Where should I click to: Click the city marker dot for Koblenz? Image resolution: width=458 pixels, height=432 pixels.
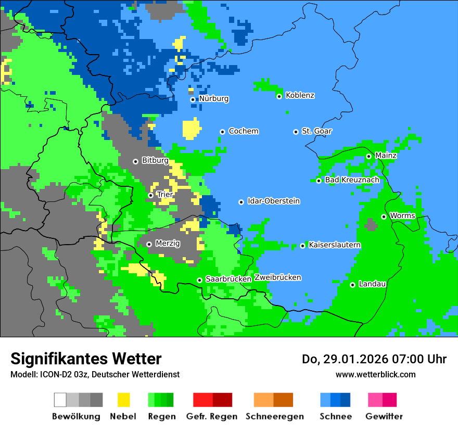pyautogui.click(x=279, y=96)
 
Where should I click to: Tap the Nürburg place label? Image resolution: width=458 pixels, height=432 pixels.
pyautogui.click(x=213, y=98)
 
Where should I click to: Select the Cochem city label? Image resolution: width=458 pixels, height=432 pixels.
pyautogui.click(x=243, y=131)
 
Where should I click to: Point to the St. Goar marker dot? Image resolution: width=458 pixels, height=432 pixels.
pyautogui.click(x=296, y=132)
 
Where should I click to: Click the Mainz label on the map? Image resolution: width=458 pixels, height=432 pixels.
pyautogui.click(x=386, y=155)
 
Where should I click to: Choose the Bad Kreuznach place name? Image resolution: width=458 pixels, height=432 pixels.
pyautogui.click(x=352, y=180)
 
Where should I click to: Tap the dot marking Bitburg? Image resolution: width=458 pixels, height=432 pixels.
pyautogui.click(x=135, y=161)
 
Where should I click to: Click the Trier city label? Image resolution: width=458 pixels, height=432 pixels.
pyautogui.click(x=164, y=195)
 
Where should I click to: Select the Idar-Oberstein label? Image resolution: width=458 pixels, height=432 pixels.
pyautogui.click(x=273, y=201)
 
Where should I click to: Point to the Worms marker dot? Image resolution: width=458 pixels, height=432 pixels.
pyautogui.click(x=384, y=217)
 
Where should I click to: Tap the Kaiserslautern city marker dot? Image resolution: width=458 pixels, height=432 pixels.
pyautogui.click(x=302, y=246)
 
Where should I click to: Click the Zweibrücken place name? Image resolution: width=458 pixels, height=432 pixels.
pyautogui.click(x=277, y=277)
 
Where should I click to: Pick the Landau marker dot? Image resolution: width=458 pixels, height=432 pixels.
pyautogui.click(x=352, y=285)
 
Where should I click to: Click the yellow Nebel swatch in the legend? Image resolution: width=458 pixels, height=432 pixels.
pyautogui.click(x=123, y=400)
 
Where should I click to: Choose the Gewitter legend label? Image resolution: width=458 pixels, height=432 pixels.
pyautogui.click(x=384, y=416)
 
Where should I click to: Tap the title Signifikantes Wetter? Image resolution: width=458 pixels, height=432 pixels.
pyautogui.click(x=86, y=359)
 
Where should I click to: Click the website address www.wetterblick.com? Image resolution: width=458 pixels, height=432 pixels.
pyautogui.click(x=375, y=374)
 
